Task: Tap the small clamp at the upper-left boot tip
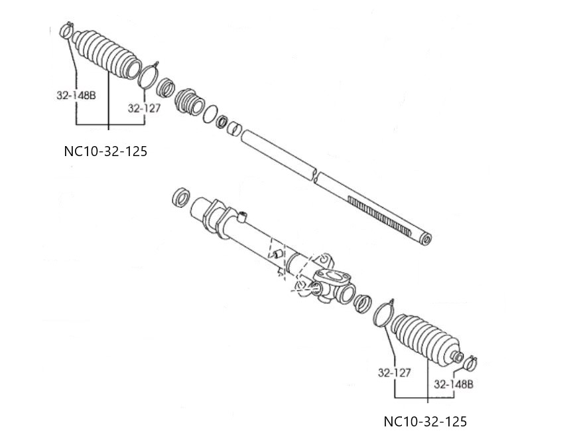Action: click(66, 30)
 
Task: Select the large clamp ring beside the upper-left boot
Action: click(149, 74)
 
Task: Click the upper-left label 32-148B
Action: click(76, 96)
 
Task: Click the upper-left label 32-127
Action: click(143, 108)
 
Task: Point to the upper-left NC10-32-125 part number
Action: click(105, 151)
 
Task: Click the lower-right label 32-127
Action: click(395, 373)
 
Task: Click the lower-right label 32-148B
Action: click(453, 384)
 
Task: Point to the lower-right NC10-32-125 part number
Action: click(425, 422)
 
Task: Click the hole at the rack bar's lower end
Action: click(426, 239)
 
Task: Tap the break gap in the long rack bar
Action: click(315, 177)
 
